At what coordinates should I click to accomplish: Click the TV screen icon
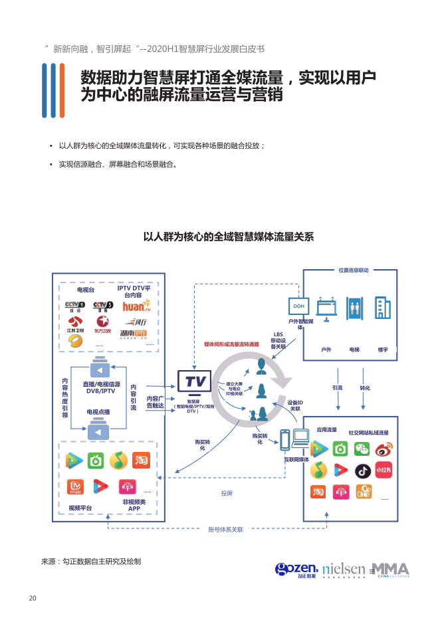coord(194,382)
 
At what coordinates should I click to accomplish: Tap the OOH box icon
coord(298,306)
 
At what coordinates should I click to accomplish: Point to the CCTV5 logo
coord(102,306)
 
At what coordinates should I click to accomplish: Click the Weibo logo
coord(384,449)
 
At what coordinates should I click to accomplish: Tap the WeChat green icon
coord(361,449)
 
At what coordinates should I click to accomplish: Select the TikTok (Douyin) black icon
coord(362,471)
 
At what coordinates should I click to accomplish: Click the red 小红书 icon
coord(384,471)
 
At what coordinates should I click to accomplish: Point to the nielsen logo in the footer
coord(344,570)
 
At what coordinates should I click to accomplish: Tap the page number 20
coord(32,598)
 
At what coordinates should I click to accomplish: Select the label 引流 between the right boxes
coord(337,387)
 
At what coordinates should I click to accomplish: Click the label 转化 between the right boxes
coord(365,387)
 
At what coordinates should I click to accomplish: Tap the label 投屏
coord(227,493)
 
